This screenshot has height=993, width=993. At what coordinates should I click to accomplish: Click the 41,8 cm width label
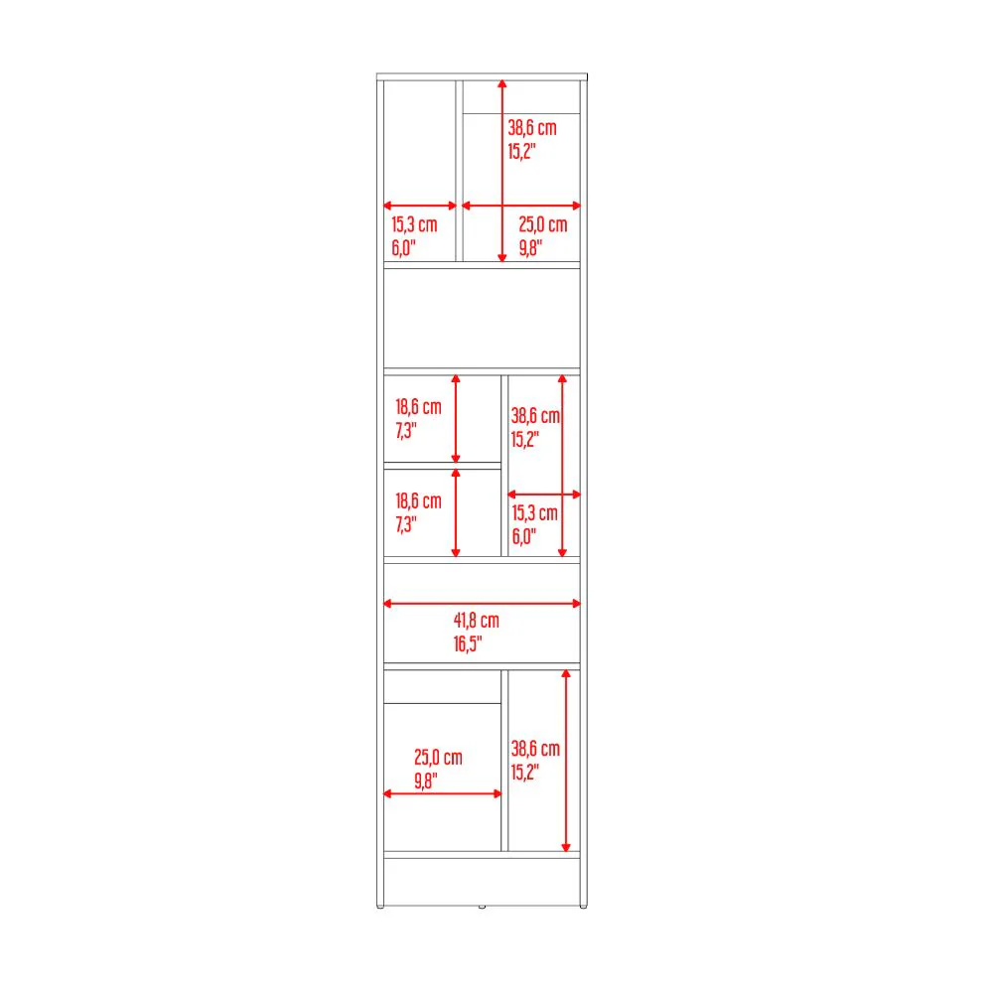[x=477, y=621]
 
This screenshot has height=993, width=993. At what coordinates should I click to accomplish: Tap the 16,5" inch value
[x=468, y=644]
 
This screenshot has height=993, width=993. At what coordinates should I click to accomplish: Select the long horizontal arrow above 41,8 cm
[x=482, y=604]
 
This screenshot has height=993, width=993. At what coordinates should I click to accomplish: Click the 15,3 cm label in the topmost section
[x=414, y=224]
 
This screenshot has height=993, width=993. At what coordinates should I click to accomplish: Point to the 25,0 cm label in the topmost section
[x=543, y=224]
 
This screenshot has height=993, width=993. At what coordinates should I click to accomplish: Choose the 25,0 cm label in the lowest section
[x=438, y=758]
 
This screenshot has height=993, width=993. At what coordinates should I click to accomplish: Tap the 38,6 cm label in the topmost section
[x=532, y=128]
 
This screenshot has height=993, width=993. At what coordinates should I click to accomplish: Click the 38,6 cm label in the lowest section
[x=536, y=749]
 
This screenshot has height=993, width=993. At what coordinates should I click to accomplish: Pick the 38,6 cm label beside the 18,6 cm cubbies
[x=535, y=416]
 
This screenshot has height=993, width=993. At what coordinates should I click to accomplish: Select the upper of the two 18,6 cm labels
[x=418, y=407]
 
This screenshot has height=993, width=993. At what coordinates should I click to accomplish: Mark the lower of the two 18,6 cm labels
[x=418, y=501]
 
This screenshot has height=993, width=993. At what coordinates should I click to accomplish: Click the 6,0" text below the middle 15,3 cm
[x=523, y=537]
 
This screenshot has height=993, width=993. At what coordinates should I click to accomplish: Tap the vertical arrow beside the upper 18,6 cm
[x=456, y=419]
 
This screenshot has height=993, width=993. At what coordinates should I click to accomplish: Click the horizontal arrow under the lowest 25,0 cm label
[x=443, y=793]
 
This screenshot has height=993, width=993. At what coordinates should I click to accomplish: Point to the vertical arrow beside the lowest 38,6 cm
[x=566, y=761]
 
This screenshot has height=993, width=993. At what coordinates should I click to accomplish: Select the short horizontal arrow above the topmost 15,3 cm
[x=420, y=206]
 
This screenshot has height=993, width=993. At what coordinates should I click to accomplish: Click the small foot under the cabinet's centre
[x=482, y=907]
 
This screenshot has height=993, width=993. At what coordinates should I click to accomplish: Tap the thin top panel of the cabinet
[x=482, y=76]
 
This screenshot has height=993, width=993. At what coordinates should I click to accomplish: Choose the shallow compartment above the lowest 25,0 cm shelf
[x=442, y=686]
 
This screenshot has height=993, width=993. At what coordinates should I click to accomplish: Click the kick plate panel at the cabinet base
[x=482, y=882]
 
